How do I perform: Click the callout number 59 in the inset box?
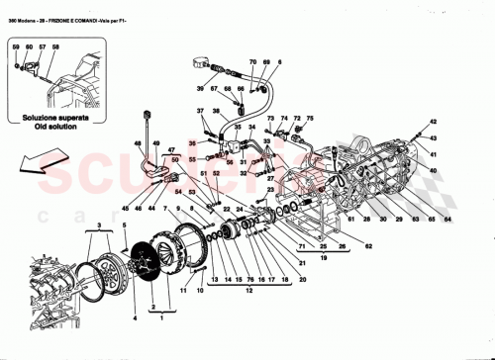pyautogui.click(x=16, y=46)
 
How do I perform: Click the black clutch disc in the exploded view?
pyautogui.click(x=154, y=259)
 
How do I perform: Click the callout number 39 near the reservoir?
pyautogui.click(x=199, y=87)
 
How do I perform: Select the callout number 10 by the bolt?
pyautogui.click(x=199, y=291)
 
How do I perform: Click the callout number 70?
pyautogui.click(x=252, y=61)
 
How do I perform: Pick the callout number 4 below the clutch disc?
pyautogui.click(x=136, y=317)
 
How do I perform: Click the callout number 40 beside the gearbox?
pyautogui.click(x=433, y=170)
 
